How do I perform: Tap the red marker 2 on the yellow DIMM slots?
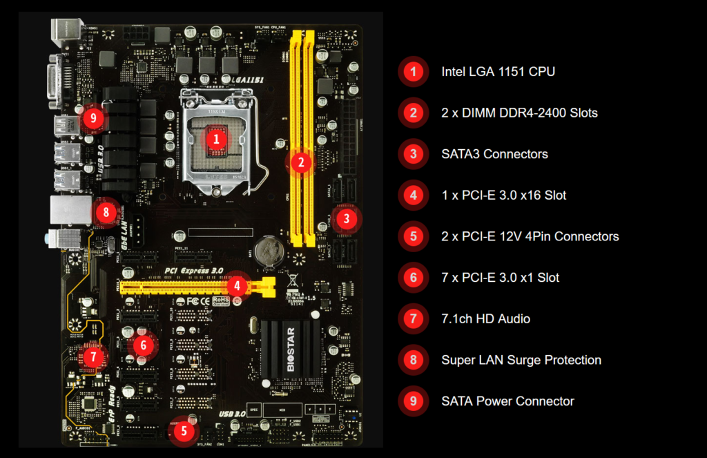point(301,163)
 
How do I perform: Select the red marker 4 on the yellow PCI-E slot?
point(237,285)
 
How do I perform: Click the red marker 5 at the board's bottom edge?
point(184,432)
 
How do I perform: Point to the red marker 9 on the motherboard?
point(94,119)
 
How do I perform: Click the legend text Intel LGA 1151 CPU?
point(498,71)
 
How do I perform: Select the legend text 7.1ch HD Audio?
point(485,318)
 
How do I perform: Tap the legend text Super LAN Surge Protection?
point(521,360)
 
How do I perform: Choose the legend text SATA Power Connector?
point(507,401)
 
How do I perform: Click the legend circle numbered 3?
point(414,154)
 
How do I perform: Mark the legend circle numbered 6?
point(414,278)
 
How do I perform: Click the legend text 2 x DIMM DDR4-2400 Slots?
point(519,113)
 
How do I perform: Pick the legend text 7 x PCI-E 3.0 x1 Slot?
point(500,278)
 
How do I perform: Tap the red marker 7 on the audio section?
point(94,356)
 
